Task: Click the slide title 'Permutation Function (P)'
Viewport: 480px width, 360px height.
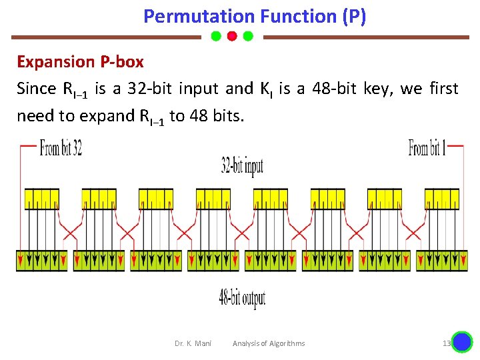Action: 254,16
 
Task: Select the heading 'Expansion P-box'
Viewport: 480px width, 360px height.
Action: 80,62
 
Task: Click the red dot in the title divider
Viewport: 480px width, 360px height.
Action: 232,36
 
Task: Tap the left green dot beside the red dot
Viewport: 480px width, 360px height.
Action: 216,36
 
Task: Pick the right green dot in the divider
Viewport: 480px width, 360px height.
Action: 248,36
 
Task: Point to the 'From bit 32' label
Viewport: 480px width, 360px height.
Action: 61,148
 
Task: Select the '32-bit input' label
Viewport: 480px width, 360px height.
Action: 242,166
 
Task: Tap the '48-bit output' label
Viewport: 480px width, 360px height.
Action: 242,298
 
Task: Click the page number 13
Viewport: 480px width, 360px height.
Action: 447,343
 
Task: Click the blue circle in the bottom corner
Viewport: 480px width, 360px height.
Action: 462,342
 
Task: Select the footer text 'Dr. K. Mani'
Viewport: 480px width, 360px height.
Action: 193,343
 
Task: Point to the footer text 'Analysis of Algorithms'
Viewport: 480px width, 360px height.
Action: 269,343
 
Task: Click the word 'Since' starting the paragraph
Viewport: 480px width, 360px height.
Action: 37,89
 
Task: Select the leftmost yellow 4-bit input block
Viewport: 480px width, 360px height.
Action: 41,199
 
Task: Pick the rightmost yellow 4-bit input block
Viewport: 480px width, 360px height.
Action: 441,199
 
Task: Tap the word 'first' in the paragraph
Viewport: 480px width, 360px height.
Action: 444,89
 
